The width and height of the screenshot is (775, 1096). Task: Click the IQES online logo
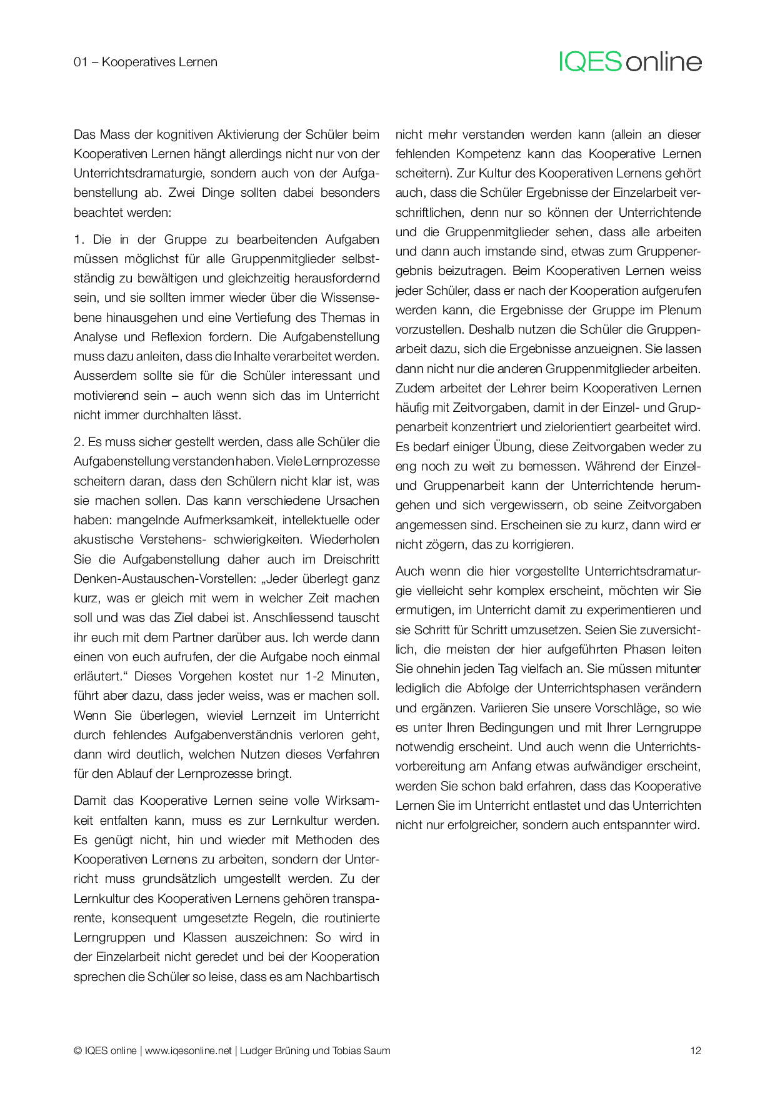tap(630, 61)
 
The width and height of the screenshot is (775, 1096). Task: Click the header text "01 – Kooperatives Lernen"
tap(146, 62)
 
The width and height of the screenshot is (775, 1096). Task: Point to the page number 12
tap(696, 1050)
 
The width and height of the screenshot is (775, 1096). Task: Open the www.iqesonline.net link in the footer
tap(188, 1050)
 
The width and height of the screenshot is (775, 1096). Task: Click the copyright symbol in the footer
tap(77, 1050)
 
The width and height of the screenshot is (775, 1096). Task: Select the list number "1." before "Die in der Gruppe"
tap(79, 239)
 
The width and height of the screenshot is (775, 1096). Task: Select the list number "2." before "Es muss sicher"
tap(79, 442)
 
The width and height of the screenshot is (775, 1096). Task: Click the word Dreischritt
tap(351, 559)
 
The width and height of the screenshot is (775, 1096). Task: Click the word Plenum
tap(679, 310)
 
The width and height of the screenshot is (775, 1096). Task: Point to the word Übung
tap(514, 447)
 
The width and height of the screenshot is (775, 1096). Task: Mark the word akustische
tap(104, 539)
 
